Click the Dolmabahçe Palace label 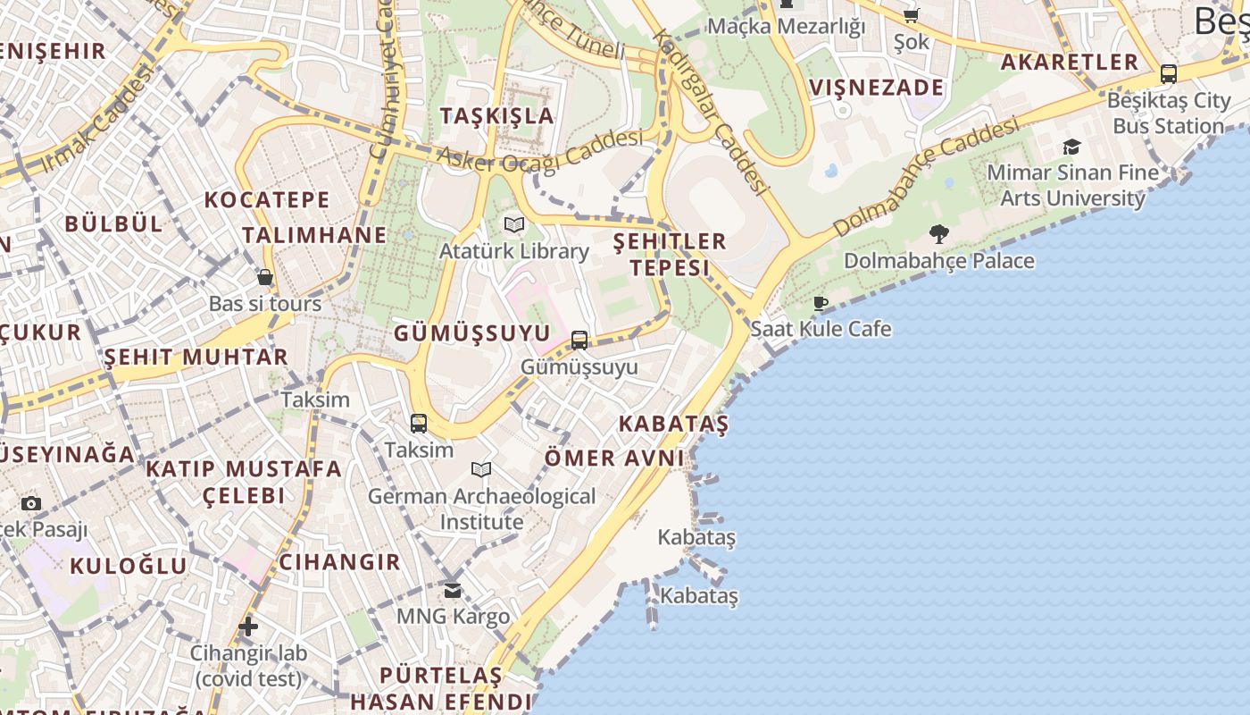click(x=938, y=261)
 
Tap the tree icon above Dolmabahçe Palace click(x=938, y=234)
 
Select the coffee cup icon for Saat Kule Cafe click(x=821, y=303)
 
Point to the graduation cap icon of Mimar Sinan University click(x=1071, y=147)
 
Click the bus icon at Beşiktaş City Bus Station click(x=1168, y=74)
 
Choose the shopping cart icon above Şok click(x=911, y=15)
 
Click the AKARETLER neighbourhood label click(x=1069, y=63)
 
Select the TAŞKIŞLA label click(x=496, y=116)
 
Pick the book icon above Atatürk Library click(x=513, y=224)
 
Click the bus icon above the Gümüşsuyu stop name click(x=579, y=341)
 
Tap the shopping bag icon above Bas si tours click(x=264, y=277)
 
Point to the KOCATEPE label click(x=267, y=200)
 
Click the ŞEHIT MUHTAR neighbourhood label click(x=196, y=357)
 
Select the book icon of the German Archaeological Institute click(x=481, y=469)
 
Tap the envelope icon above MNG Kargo click(x=453, y=590)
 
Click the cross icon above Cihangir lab click(x=248, y=627)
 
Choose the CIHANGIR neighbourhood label click(x=339, y=562)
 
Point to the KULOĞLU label click(x=129, y=566)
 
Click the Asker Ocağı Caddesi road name click(x=539, y=151)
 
